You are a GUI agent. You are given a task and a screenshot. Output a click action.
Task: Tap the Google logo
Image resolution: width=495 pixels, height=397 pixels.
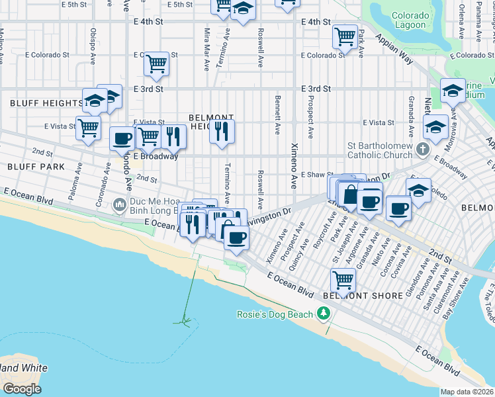[x=21, y=389]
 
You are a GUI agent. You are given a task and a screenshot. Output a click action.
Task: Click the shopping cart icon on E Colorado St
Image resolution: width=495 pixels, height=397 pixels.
[x=156, y=64]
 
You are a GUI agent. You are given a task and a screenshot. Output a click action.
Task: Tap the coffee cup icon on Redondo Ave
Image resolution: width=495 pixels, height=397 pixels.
[x=122, y=139]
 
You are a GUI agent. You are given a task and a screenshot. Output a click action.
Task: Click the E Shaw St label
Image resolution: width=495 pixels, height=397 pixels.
[x=316, y=175]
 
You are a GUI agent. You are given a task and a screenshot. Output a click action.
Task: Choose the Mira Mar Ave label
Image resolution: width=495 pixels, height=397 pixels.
[x=207, y=48]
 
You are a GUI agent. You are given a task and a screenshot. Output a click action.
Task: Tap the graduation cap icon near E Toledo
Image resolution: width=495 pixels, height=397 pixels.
[x=418, y=191]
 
